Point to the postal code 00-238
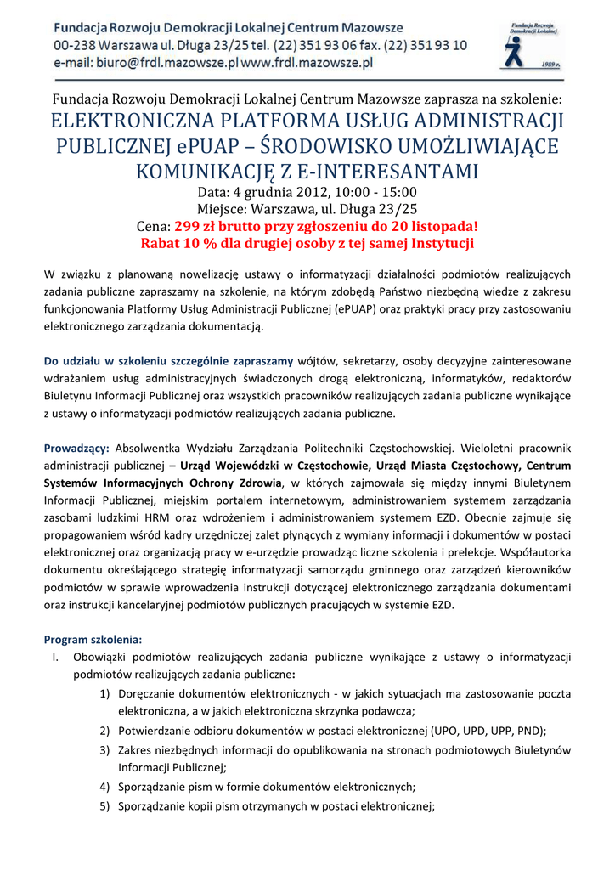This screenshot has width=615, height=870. (76, 46)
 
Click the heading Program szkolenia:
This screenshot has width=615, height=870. (93, 639)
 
